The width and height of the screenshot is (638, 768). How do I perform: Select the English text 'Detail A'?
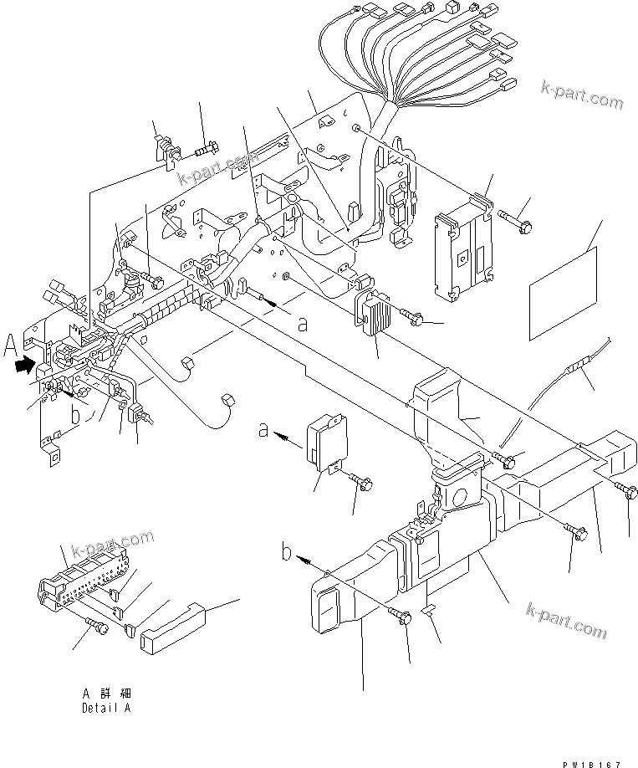click(x=106, y=708)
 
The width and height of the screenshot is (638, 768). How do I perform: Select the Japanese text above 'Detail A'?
click(x=107, y=694)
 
